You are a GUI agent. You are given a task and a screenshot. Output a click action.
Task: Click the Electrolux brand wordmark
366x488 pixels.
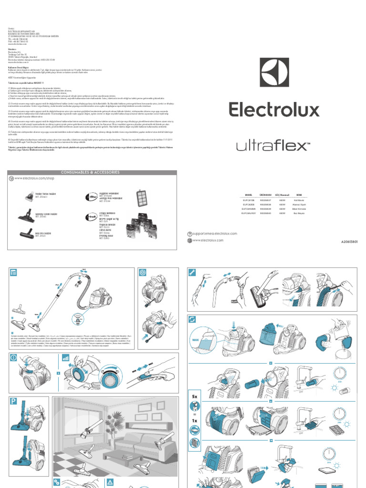click(x=274, y=110)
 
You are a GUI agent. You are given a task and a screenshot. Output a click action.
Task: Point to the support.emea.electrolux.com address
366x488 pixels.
click(x=214, y=234)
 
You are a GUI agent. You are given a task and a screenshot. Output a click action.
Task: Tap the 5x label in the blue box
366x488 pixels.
click(x=194, y=396)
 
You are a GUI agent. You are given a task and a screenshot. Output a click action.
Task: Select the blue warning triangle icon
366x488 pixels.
click(x=110, y=483)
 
